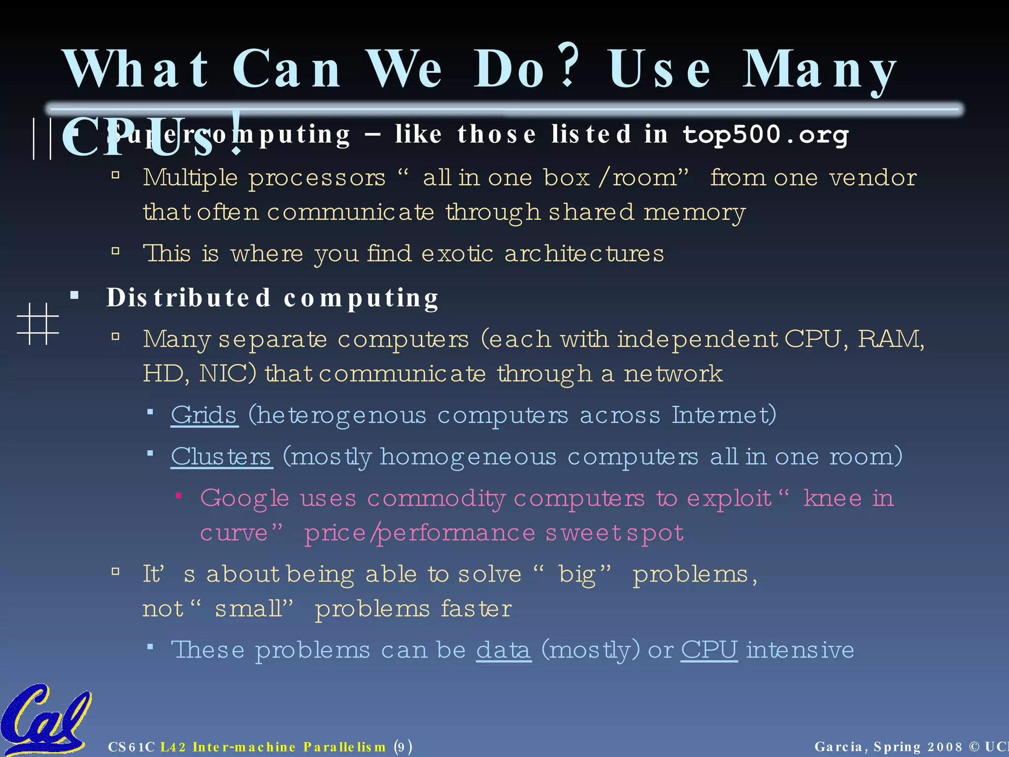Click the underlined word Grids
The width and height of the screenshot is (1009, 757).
click(204, 415)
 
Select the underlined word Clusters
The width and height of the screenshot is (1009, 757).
click(221, 457)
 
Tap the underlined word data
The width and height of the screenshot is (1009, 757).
click(504, 650)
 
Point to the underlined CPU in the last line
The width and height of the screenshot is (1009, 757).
click(709, 650)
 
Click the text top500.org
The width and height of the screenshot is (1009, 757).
click(766, 135)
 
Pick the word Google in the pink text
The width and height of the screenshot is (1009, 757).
click(244, 498)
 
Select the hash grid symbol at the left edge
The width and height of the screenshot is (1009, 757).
click(38, 324)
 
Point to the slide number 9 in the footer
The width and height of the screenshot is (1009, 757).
click(402, 747)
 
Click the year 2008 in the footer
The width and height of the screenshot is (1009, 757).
click(945, 747)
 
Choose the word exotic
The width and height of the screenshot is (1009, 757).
click(457, 254)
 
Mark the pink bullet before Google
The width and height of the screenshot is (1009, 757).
click(179, 496)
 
